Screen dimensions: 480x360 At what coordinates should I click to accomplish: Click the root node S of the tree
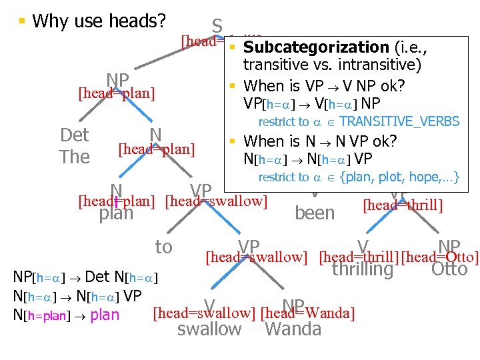click(217, 26)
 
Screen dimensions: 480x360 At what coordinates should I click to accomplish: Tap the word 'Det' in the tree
click(74, 135)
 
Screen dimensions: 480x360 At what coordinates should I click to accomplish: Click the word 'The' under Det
click(74, 157)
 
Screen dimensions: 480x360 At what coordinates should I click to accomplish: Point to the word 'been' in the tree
click(314, 213)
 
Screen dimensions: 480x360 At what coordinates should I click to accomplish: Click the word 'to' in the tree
click(163, 247)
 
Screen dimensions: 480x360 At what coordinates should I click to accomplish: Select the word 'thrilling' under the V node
click(362, 269)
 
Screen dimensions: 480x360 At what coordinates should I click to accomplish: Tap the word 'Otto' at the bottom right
click(449, 269)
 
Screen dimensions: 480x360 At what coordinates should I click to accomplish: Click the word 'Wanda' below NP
click(293, 329)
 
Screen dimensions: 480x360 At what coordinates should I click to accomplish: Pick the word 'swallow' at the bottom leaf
click(209, 329)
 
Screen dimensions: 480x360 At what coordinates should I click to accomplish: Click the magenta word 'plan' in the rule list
click(104, 315)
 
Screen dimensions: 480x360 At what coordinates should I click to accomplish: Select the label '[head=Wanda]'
click(307, 313)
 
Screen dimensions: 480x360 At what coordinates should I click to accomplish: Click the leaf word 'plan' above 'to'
click(116, 214)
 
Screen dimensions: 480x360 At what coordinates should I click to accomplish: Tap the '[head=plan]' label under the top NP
click(117, 93)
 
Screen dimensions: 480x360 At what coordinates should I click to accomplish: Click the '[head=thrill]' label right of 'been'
click(403, 203)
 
